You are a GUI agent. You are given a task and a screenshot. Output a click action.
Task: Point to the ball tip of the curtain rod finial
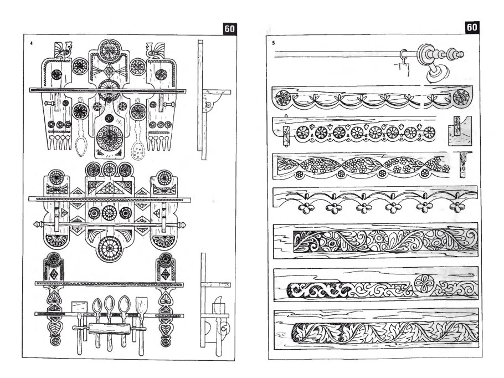460,54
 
